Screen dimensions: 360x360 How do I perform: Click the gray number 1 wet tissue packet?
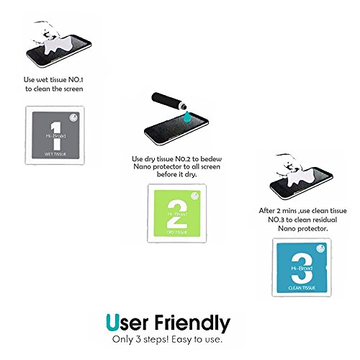pyautogui.click(x=55, y=135)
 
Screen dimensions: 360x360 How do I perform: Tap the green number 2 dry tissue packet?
pyautogui.click(x=177, y=213)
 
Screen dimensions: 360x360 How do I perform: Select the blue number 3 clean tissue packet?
pyautogui.click(x=302, y=267)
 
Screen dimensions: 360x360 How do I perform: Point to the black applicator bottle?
pyautogui.click(x=169, y=101)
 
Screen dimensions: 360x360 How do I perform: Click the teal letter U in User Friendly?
pyautogui.click(x=112, y=322)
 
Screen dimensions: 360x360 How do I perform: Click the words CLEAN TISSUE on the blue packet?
pyautogui.click(x=302, y=288)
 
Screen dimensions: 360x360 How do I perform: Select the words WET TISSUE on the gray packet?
pyautogui.click(x=55, y=154)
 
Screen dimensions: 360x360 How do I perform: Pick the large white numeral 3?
pyautogui.click(x=302, y=269)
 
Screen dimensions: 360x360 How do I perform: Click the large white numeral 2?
pyautogui.click(x=177, y=214)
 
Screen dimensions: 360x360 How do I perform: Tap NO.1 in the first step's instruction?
pyautogui.click(x=76, y=80)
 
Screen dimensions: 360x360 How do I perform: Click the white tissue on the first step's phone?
pyautogui.click(x=59, y=45)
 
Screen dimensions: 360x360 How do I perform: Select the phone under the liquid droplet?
pyautogui.click(x=176, y=130)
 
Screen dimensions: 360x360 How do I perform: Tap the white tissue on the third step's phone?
pyautogui.click(x=302, y=178)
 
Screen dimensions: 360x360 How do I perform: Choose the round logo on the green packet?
pyautogui.click(x=195, y=196)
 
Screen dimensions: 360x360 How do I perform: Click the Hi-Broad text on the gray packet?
pyautogui.click(x=55, y=136)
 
